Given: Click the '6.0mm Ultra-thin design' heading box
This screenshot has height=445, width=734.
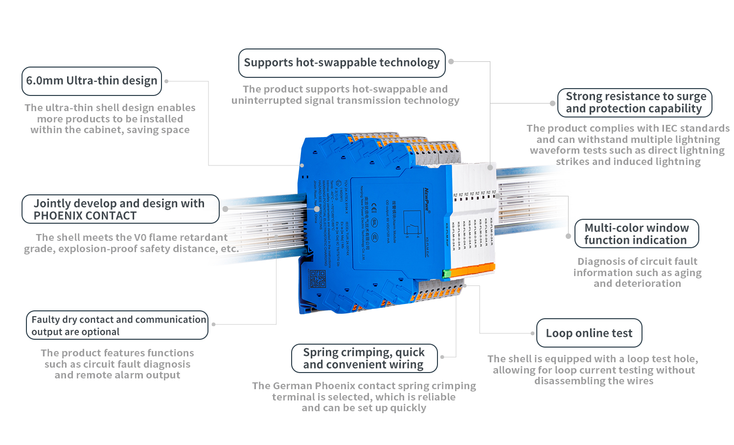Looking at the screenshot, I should pos(92,81).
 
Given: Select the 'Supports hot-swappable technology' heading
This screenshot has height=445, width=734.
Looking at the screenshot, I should pos(342,63).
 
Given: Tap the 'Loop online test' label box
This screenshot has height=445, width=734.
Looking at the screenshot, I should pos(589,333).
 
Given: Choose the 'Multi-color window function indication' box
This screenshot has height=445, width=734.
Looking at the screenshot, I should pos(636,234).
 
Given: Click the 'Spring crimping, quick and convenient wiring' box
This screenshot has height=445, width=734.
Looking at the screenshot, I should pos(364,358).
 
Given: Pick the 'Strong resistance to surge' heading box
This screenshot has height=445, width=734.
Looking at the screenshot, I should pos(635,102).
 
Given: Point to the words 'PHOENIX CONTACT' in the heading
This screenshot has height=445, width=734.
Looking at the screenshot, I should pos(85,216).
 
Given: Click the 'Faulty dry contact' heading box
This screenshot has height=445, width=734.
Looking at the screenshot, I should pos(117,326).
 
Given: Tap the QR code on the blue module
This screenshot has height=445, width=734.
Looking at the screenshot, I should pos(318,278).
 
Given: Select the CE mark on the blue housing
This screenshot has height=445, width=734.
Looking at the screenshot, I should pos(374,207).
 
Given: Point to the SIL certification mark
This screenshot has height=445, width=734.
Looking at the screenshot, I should pos(374,222).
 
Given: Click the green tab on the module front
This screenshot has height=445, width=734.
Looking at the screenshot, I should pos(446,274).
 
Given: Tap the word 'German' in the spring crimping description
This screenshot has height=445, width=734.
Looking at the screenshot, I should pos(293,386).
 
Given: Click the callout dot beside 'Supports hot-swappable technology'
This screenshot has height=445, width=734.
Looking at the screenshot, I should pos(451,62).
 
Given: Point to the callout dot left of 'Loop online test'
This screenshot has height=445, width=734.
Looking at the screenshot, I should pos(532,333).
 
